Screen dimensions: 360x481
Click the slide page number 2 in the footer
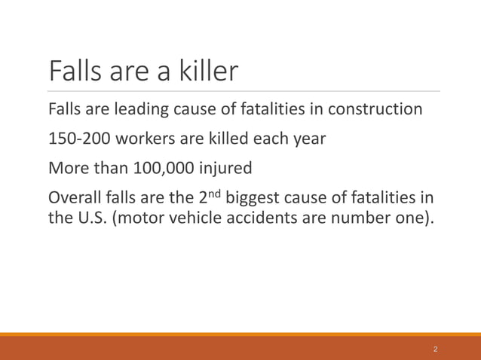435,349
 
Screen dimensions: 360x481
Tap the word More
68,169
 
